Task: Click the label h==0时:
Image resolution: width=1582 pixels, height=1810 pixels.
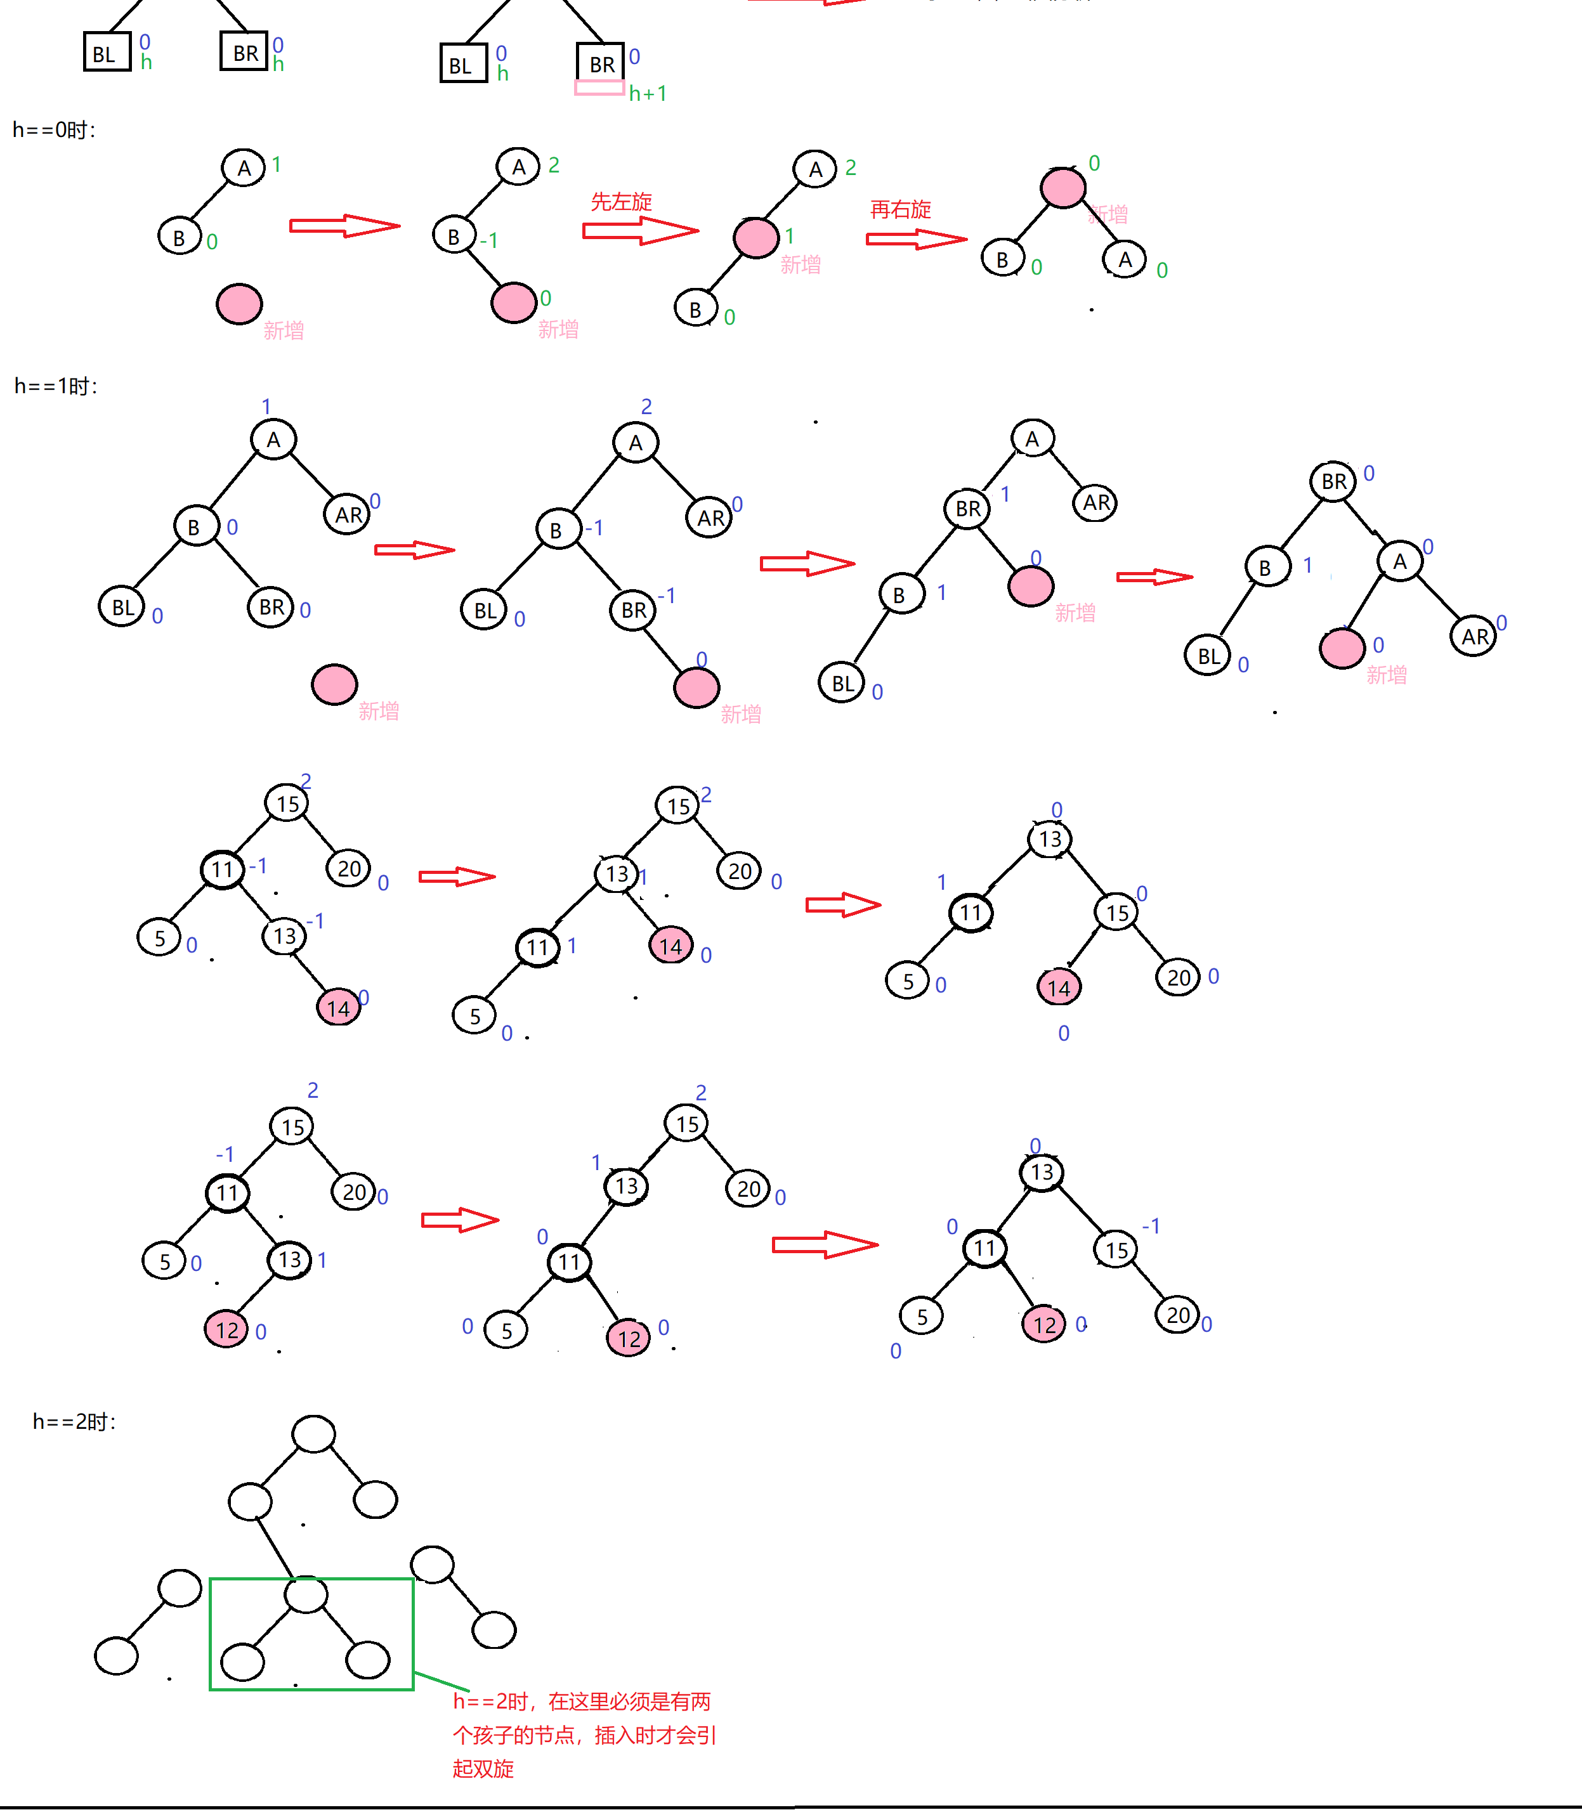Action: pos(54,130)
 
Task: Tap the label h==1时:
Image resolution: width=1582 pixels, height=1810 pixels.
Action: pos(56,386)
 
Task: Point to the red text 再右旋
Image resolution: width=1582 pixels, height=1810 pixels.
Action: pos(901,209)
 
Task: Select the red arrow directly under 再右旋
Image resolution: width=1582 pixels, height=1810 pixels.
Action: pos(915,239)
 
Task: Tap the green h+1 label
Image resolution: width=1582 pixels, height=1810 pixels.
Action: pos(648,94)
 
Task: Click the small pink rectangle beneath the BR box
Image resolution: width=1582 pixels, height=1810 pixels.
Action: pos(599,88)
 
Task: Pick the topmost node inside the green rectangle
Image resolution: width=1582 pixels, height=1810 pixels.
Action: pos(306,1594)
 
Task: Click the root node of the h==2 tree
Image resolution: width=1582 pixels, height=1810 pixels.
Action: pos(313,1434)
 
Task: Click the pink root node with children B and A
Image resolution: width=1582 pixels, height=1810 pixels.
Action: pos(1063,187)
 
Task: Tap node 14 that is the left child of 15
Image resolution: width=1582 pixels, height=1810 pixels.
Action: pos(1059,987)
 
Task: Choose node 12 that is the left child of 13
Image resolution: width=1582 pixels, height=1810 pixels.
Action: pos(227,1329)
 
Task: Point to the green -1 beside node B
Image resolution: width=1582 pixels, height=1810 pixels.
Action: pos(489,240)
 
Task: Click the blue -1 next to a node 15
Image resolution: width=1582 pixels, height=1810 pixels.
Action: pos(1151,1226)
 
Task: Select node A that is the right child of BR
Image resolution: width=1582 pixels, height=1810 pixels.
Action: pos(1399,561)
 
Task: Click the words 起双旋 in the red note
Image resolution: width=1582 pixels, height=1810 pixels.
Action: pos(483,1769)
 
